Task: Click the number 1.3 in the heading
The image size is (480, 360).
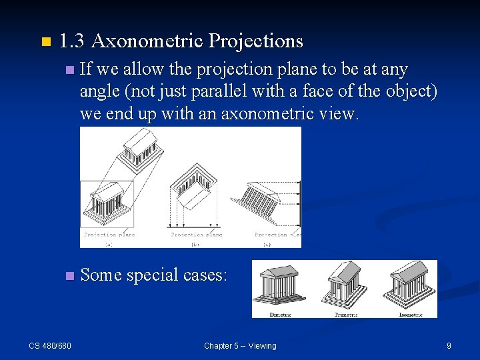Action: pyautogui.click(x=71, y=41)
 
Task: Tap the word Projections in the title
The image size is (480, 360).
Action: pyautogui.click(x=256, y=41)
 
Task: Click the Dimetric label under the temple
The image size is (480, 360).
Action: pyautogui.click(x=281, y=314)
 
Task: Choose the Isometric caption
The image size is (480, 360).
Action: pyautogui.click(x=410, y=314)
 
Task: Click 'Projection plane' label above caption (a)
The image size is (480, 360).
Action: pyautogui.click(x=109, y=235)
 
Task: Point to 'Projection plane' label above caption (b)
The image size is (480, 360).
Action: pyautogui.click(x=197, y=235)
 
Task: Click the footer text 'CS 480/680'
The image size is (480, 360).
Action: pyautogui.click(x=50, y=345)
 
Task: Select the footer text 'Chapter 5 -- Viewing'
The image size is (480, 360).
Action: pyautogui.click(x=240, y=345)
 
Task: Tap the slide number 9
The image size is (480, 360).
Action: pyautogui.click(x=449, y=345)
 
